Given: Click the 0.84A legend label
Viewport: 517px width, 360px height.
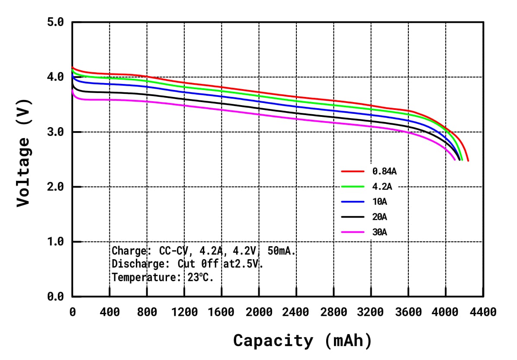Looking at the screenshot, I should (x=384, y=171).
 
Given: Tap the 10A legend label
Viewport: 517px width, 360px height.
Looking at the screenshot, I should (x=379, y=202).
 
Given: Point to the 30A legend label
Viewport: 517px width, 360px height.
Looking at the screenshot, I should (x=379, y=232).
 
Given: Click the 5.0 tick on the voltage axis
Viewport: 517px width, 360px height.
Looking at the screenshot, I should (x=55, y=22).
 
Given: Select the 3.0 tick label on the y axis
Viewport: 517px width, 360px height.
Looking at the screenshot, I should (x=55, y=132).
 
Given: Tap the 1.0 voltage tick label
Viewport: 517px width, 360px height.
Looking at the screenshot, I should (x=55, y=241).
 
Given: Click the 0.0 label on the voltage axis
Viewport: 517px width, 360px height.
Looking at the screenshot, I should (x=55, y=296).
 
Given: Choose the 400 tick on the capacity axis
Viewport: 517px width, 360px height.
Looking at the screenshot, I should (x=109, y=312).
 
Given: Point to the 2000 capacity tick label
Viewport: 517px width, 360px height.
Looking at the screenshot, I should (x=259, y=312).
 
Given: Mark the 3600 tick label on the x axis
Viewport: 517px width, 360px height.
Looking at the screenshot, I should (x=408, y=312).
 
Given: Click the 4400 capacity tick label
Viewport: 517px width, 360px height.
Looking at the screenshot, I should (x=483, y=312).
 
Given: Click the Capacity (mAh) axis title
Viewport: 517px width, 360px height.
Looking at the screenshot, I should (x=302, y=341).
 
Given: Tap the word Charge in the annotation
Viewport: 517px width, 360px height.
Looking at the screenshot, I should (x=128, y=251).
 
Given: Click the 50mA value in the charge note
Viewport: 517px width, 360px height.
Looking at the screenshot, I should (x=282, y=251).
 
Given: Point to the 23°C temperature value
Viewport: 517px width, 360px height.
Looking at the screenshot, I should (x=200, y=277).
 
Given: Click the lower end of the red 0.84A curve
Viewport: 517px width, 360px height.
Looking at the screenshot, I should (x=468, y=161).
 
